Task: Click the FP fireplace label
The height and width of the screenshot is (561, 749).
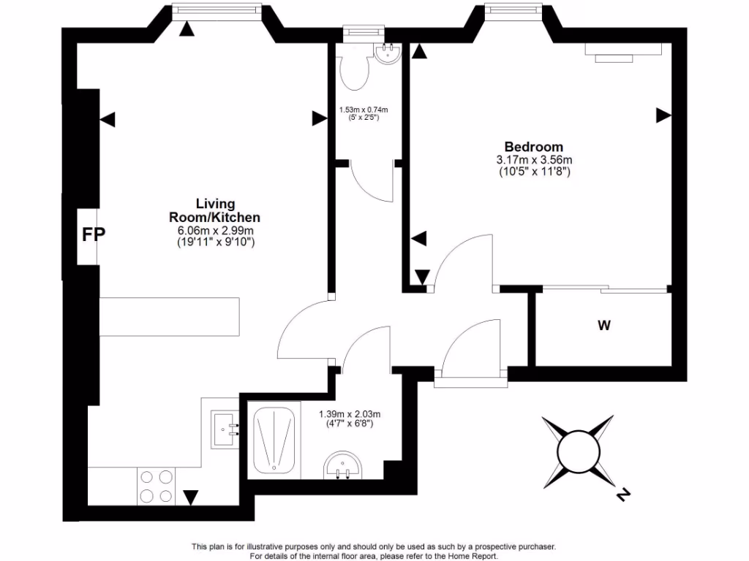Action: click(94, 234)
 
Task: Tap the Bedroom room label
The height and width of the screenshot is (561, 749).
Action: click(534, 147)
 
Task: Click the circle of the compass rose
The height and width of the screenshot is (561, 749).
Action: click(577, 451)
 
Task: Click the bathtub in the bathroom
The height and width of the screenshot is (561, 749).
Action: click(274, 440)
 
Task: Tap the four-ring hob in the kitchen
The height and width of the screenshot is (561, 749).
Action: click(157, 486)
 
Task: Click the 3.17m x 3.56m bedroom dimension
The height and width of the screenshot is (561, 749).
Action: click(534, 160)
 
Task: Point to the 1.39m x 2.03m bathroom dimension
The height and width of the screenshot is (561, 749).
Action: click(350, 414)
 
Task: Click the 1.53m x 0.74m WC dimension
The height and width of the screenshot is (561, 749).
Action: click(364, 110)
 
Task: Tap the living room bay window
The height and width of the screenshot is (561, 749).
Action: click(216, 9)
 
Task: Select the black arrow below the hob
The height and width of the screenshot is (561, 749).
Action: click(191, 497)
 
